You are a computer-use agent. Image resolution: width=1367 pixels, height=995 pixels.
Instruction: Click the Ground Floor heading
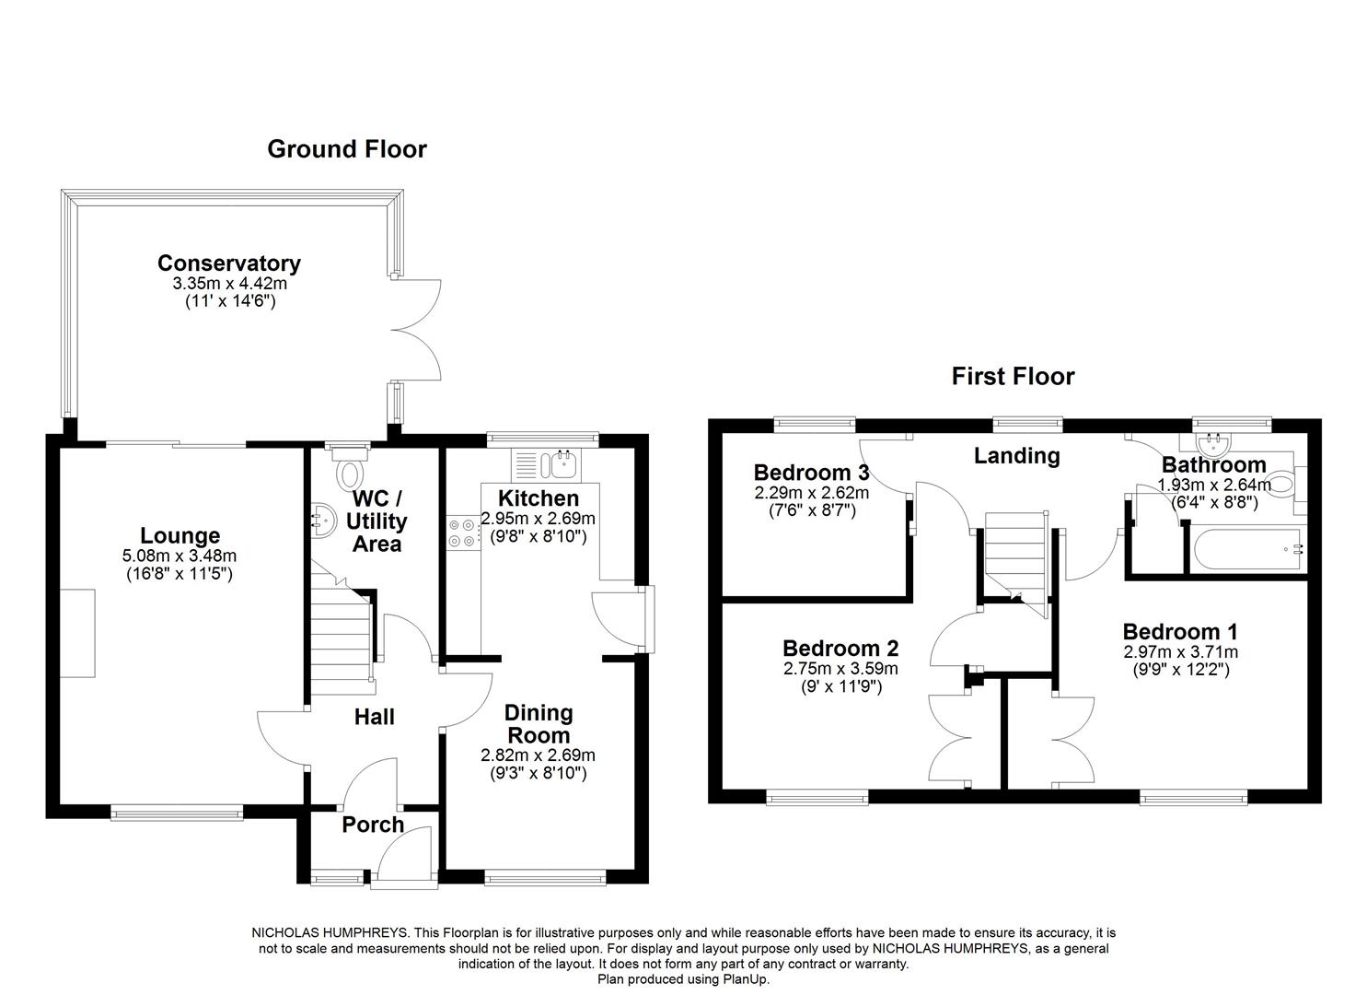click(346, 149)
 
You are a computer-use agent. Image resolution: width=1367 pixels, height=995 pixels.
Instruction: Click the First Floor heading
click(1013, 376)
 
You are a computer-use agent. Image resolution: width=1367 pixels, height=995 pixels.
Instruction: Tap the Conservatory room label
click(228, 263)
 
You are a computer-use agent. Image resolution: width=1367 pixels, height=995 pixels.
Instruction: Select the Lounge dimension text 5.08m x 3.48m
click(180, 556)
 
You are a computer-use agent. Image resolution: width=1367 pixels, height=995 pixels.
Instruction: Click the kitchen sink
click(560, 464)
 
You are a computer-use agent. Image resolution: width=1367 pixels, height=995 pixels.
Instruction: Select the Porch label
click(373, 825)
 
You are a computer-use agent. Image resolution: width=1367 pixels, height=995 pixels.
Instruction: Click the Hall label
click(375, 717)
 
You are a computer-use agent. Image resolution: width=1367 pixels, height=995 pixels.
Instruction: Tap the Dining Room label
click(539, 724)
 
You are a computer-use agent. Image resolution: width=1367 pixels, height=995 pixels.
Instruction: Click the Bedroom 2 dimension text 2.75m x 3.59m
click(840, 669)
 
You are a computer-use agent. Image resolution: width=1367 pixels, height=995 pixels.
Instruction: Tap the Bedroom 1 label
click(1179, 632)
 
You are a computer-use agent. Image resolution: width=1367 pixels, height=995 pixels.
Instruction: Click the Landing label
click(1016, 455)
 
